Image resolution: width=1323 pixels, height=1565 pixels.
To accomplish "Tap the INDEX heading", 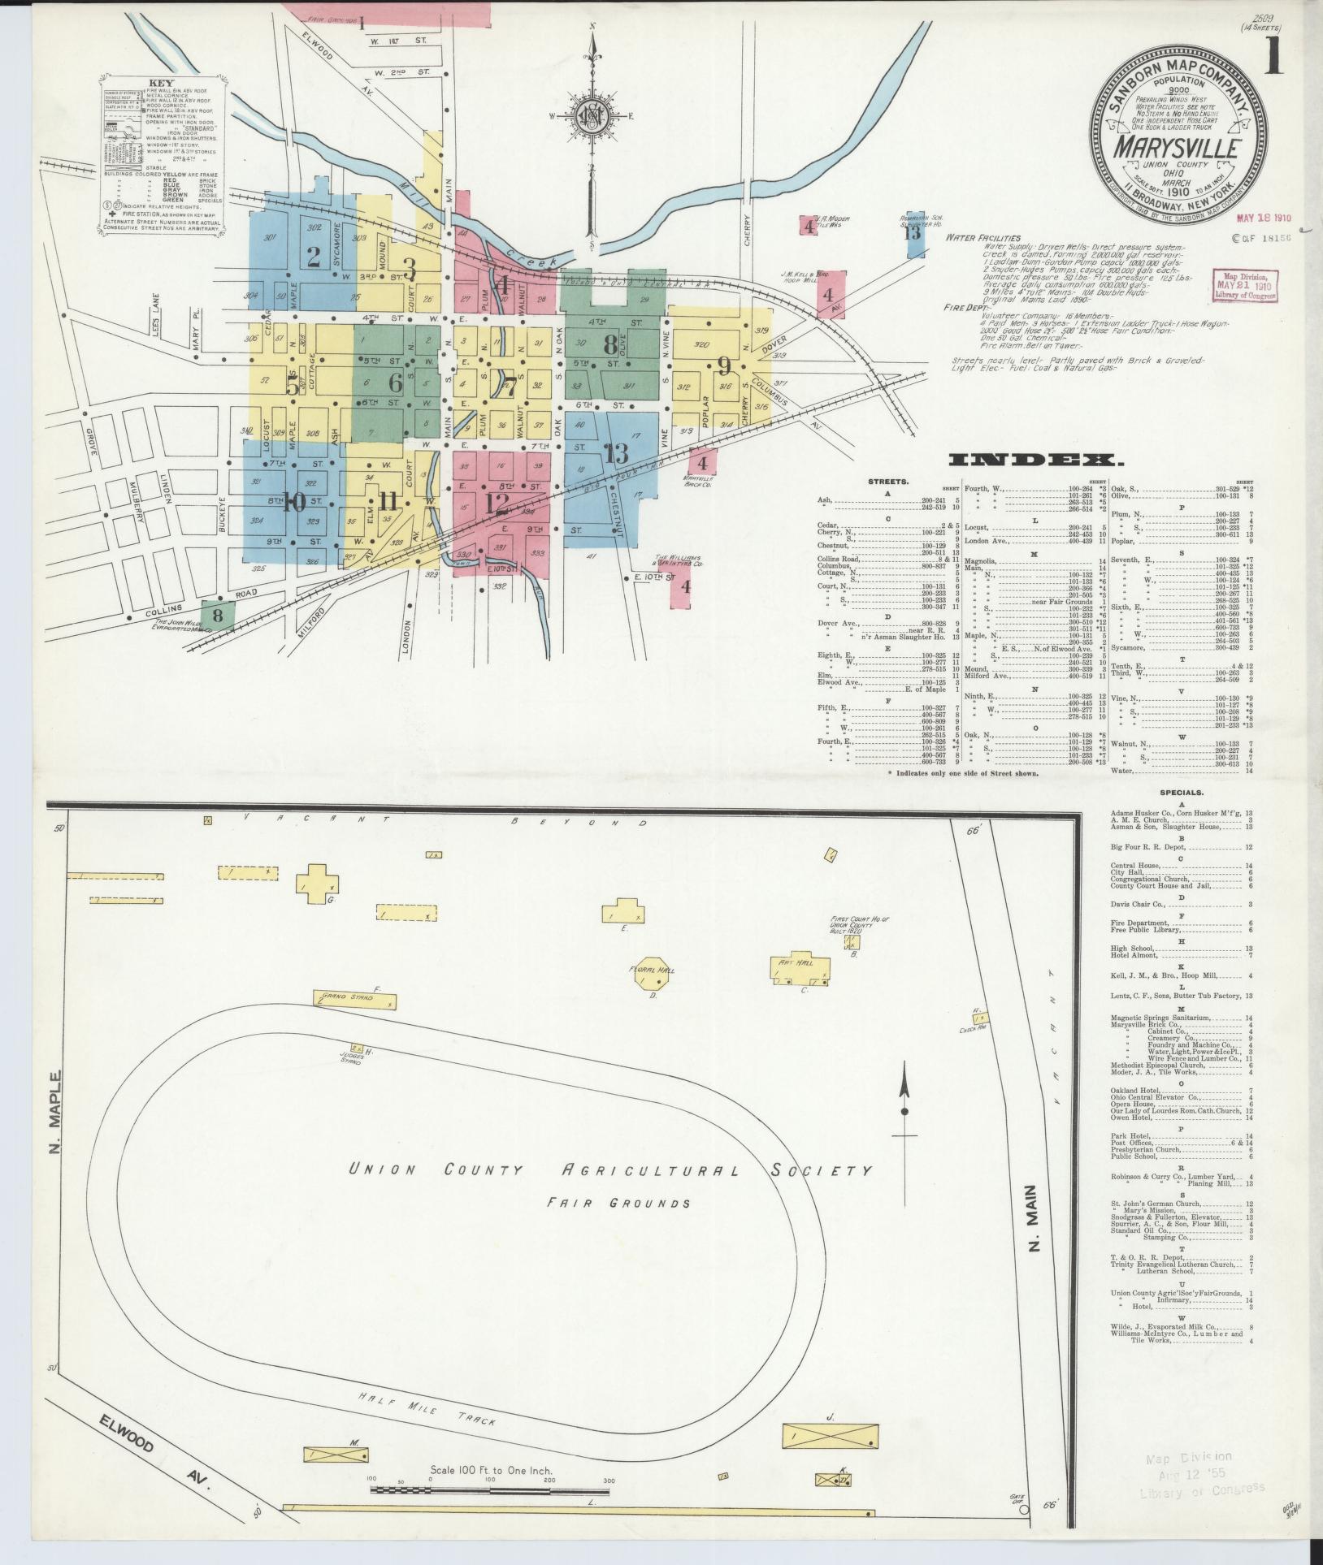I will click(x=1037, y=460).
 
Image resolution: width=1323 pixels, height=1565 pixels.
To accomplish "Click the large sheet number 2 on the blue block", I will click(x=314, y=256).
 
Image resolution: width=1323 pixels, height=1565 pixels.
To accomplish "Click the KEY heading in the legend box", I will click(x=159, y=82).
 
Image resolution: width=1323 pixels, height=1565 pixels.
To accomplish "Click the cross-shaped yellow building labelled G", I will click(x=317, y=883).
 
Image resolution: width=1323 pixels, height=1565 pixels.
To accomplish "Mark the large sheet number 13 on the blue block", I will click(x=615, y=452).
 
